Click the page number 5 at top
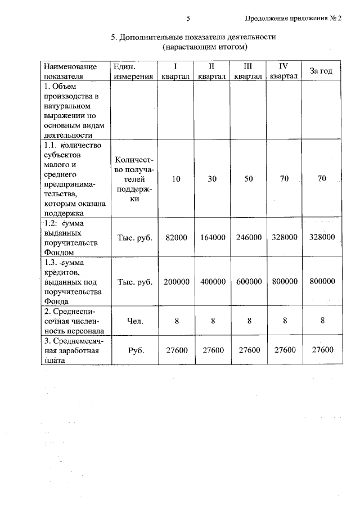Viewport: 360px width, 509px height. pyautogui.click(x=189, y=18)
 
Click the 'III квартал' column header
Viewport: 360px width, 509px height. pyautogui.click(x=249, y=71)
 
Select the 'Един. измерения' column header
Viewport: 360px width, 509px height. pyautogui.click(x=133, y=71)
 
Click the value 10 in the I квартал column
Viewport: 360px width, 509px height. pyautogui.click(x=176, y=179)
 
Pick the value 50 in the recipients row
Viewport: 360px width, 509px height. pyautogui.click(x=249, y=179)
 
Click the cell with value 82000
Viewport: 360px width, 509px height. pyautogui.click(x=176, y=237)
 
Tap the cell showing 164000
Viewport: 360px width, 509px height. pyautogui.click(x=213, y=237)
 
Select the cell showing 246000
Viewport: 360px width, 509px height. pyautogui.click(x=249, y=237)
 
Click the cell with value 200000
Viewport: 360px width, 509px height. pyautogui.click(x=176, y=281)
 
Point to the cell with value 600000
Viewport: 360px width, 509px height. pyautogui.click(x=249, y=281)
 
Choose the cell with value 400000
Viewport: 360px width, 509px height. pyautogui.click(x=213, y=281)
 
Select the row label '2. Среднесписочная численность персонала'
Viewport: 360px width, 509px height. pyautogui.click(x=74, y=321)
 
